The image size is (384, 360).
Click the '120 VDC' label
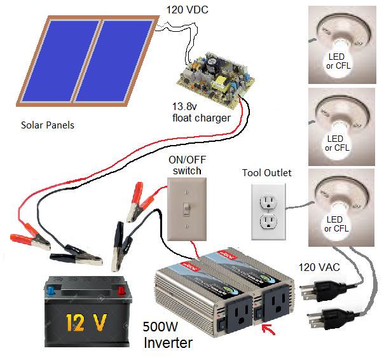[187, 10]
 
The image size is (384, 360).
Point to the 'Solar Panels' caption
[48, 125]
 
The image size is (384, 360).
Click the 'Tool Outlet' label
[267, 173]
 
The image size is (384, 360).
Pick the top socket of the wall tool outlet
[268, 201]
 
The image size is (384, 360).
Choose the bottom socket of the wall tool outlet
[268, 221]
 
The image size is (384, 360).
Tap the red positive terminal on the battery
[121, 291]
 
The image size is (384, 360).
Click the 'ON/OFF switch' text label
[186, 165]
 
